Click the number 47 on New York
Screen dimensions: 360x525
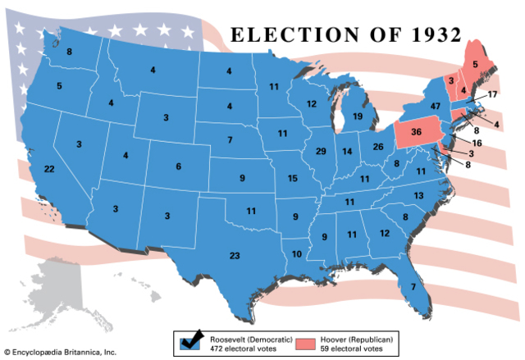pos(436,107)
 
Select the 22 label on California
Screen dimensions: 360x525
pos(49,169)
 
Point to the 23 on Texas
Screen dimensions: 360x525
pos(235,256)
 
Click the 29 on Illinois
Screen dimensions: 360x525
pos(321,152)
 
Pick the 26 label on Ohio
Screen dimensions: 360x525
pos(378,147)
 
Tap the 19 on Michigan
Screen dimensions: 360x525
pos(358,116)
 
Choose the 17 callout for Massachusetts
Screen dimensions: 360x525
pos(492,95)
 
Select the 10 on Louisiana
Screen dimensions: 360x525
pos(296,253)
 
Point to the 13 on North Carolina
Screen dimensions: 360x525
pos(418,195)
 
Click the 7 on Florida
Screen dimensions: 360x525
pos(413,285)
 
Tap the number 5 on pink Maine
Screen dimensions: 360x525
pos(475,62)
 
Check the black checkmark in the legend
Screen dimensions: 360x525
pos(195,336)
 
